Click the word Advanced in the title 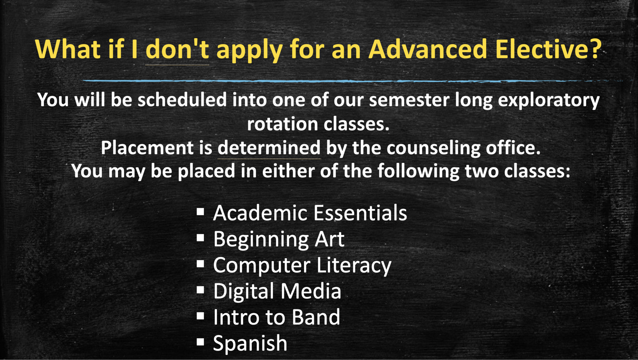(x=428, y=50)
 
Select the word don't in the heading (x=177, y=50)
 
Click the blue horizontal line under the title (x=332, y=81)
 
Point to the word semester (x=409, y=100)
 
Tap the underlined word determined (x=269, y=148)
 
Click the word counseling (x=433, y=148)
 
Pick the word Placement (x=147, y=148)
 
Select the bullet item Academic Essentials (x=310, y=213)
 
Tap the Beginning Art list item (x=278, y=239)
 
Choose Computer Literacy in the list (x=302, y=265)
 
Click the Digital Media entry (x=277, y=291)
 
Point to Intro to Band (x=276, y=317)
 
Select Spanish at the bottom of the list (x=250, y=343)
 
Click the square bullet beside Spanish (x=200, y=342)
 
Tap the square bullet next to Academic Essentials (x=200, y=212)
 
